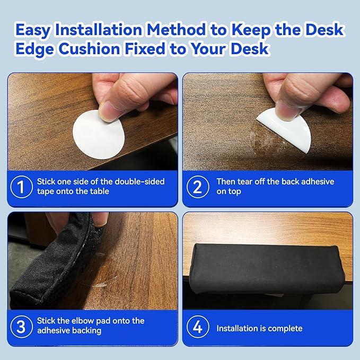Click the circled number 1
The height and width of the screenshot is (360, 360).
pyautogui.click(x=22, y=187)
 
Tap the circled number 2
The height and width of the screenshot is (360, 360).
pyautogui.click(x=198, y=187)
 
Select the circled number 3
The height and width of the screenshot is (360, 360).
pyautogui.click(x=22, y=326)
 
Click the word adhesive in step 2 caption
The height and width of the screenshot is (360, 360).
pyautogui.click(x=316, y=181)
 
